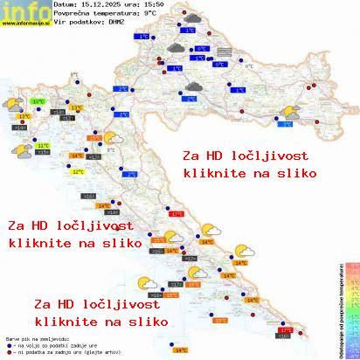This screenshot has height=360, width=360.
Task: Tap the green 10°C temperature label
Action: click(38, 102)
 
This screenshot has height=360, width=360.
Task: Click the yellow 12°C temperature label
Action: click(78, 172)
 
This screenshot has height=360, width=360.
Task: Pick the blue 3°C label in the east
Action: click(287, 124)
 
